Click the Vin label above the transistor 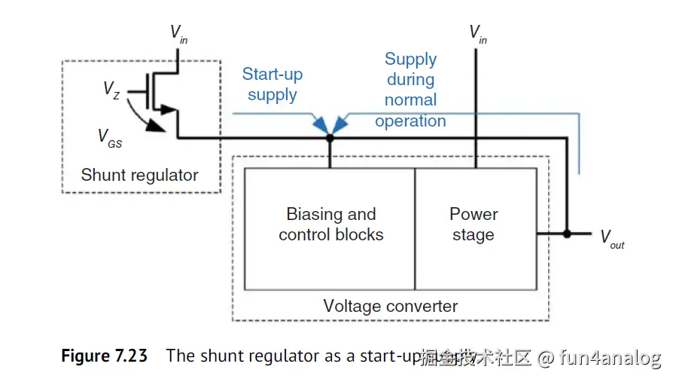[178, 34]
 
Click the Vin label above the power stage [477, 34]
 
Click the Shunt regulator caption [140, 176]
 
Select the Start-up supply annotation [272, 84]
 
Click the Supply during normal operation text [410, 90]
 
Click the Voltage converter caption [390, 306]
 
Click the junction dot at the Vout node [567, 234]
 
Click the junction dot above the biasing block [330, 138]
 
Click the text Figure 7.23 [105, 356]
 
